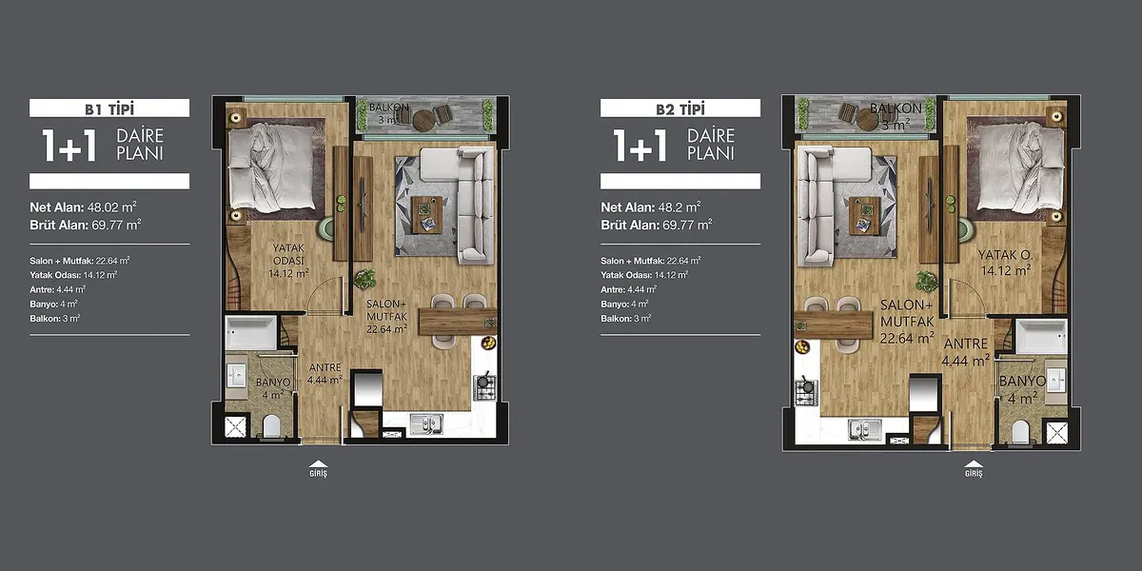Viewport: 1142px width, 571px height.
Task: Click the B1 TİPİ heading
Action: [109, 108]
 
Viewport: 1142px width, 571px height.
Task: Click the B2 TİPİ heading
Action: [680, 108]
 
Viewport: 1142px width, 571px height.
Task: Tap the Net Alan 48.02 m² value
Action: [111, 207]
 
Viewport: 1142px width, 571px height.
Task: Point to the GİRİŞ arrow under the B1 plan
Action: [318, 463]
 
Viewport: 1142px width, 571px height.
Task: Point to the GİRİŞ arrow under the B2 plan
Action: [974, 463]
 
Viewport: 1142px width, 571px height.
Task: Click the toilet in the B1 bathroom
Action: [271, 426]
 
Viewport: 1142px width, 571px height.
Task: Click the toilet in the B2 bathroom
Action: [1020, 432]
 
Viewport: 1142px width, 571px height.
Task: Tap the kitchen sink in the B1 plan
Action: [426, 423]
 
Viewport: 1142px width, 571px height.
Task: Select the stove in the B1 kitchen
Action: [484, 386]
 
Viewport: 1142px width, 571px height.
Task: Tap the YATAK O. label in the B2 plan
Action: [1005, 254]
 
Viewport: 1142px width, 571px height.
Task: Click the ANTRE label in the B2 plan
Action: [966, 344]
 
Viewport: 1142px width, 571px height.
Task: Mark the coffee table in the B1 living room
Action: [427, 215]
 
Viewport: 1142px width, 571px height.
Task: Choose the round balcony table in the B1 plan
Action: [423, 121]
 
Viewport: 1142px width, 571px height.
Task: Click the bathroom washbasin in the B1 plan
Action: [236, 375]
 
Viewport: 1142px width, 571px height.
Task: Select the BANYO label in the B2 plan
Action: [1023, 381]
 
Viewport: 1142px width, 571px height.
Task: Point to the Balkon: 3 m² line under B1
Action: [55, 319]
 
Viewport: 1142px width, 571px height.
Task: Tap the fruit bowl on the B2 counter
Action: [802, 347]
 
